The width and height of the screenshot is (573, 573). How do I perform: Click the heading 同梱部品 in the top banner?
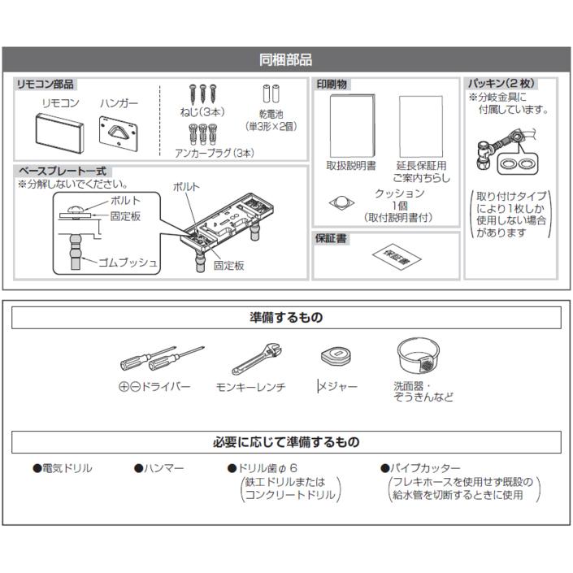[x=285, y=60]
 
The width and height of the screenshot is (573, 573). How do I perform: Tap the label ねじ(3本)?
[x=202, y=112]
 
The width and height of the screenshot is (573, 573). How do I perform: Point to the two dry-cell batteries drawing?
[x=271, y=94]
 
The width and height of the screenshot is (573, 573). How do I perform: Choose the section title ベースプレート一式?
[x=63, y=171]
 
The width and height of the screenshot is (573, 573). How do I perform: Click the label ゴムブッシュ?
[x=127, y=263]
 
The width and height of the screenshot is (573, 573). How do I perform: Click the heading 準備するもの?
[x=285, y=317]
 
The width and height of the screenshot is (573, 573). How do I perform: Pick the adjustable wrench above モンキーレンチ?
[x=258, y=358]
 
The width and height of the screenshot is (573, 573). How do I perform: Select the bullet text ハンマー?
[x=163, y=469]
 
